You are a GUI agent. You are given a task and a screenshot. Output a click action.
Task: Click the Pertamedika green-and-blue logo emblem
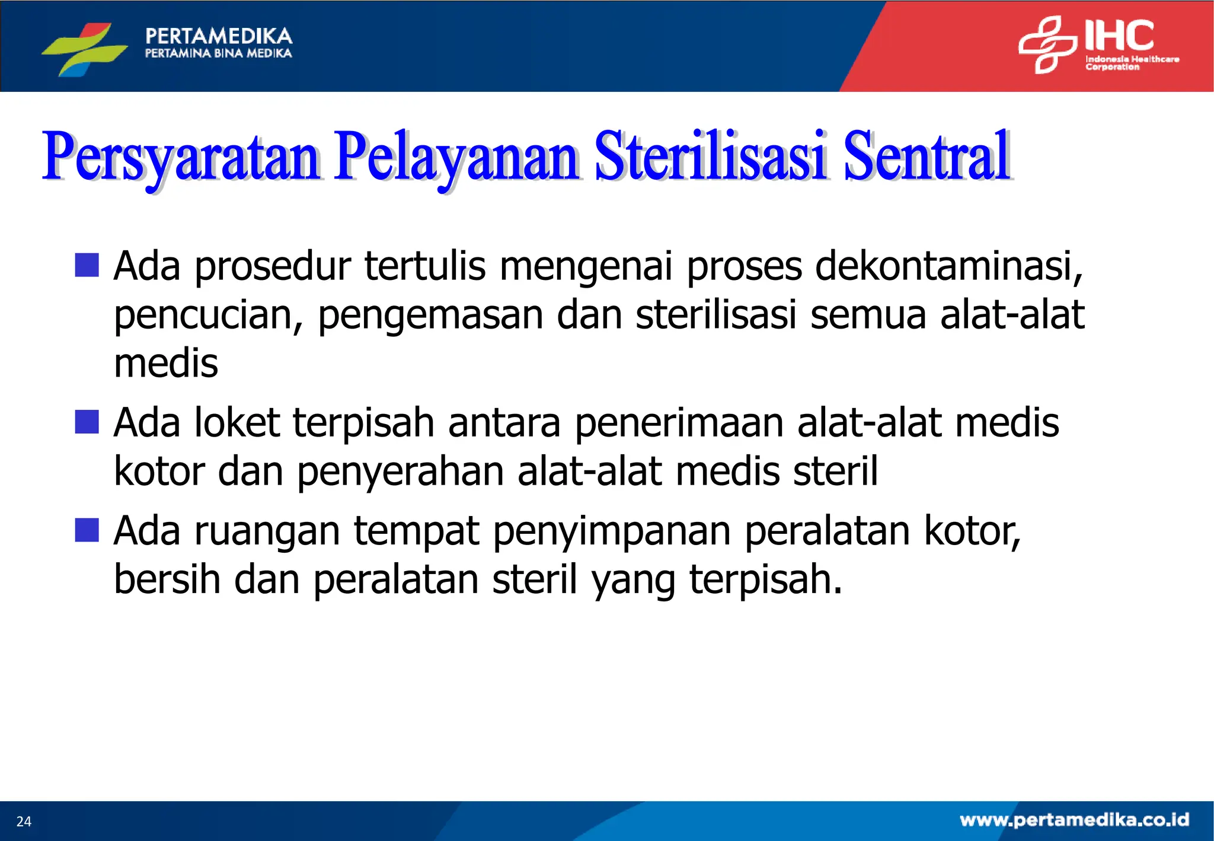(x=84, y=49)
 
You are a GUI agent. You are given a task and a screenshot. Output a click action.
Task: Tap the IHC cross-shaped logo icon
(x=1047, y=44)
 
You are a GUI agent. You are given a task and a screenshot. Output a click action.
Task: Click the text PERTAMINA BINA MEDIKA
(x=218, y=54)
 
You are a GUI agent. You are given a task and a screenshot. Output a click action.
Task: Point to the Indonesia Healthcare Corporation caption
(x=1131, y=63)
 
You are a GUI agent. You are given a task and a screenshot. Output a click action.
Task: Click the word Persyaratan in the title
(x=181, y=157)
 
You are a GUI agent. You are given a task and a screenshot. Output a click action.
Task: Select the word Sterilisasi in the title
(x=710, y=157)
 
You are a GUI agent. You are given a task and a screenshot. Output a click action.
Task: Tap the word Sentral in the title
(x=927, y=157)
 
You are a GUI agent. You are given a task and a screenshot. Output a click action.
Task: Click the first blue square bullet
(x=87, y=265)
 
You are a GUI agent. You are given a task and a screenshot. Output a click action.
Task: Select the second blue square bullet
(x=87, y=422)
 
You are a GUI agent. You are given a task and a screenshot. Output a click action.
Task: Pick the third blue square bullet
(x=87, y=530)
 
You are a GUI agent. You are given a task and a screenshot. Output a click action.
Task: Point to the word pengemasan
(x=430, y=316)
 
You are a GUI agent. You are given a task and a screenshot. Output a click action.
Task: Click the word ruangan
(x=267, y=531)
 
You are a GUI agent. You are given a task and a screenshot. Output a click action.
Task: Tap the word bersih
(x=167, y=579)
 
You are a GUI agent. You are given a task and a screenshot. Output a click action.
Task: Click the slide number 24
(x=24, y=821)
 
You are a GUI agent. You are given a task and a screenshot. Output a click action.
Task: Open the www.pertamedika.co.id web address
(x=1074, y=820)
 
